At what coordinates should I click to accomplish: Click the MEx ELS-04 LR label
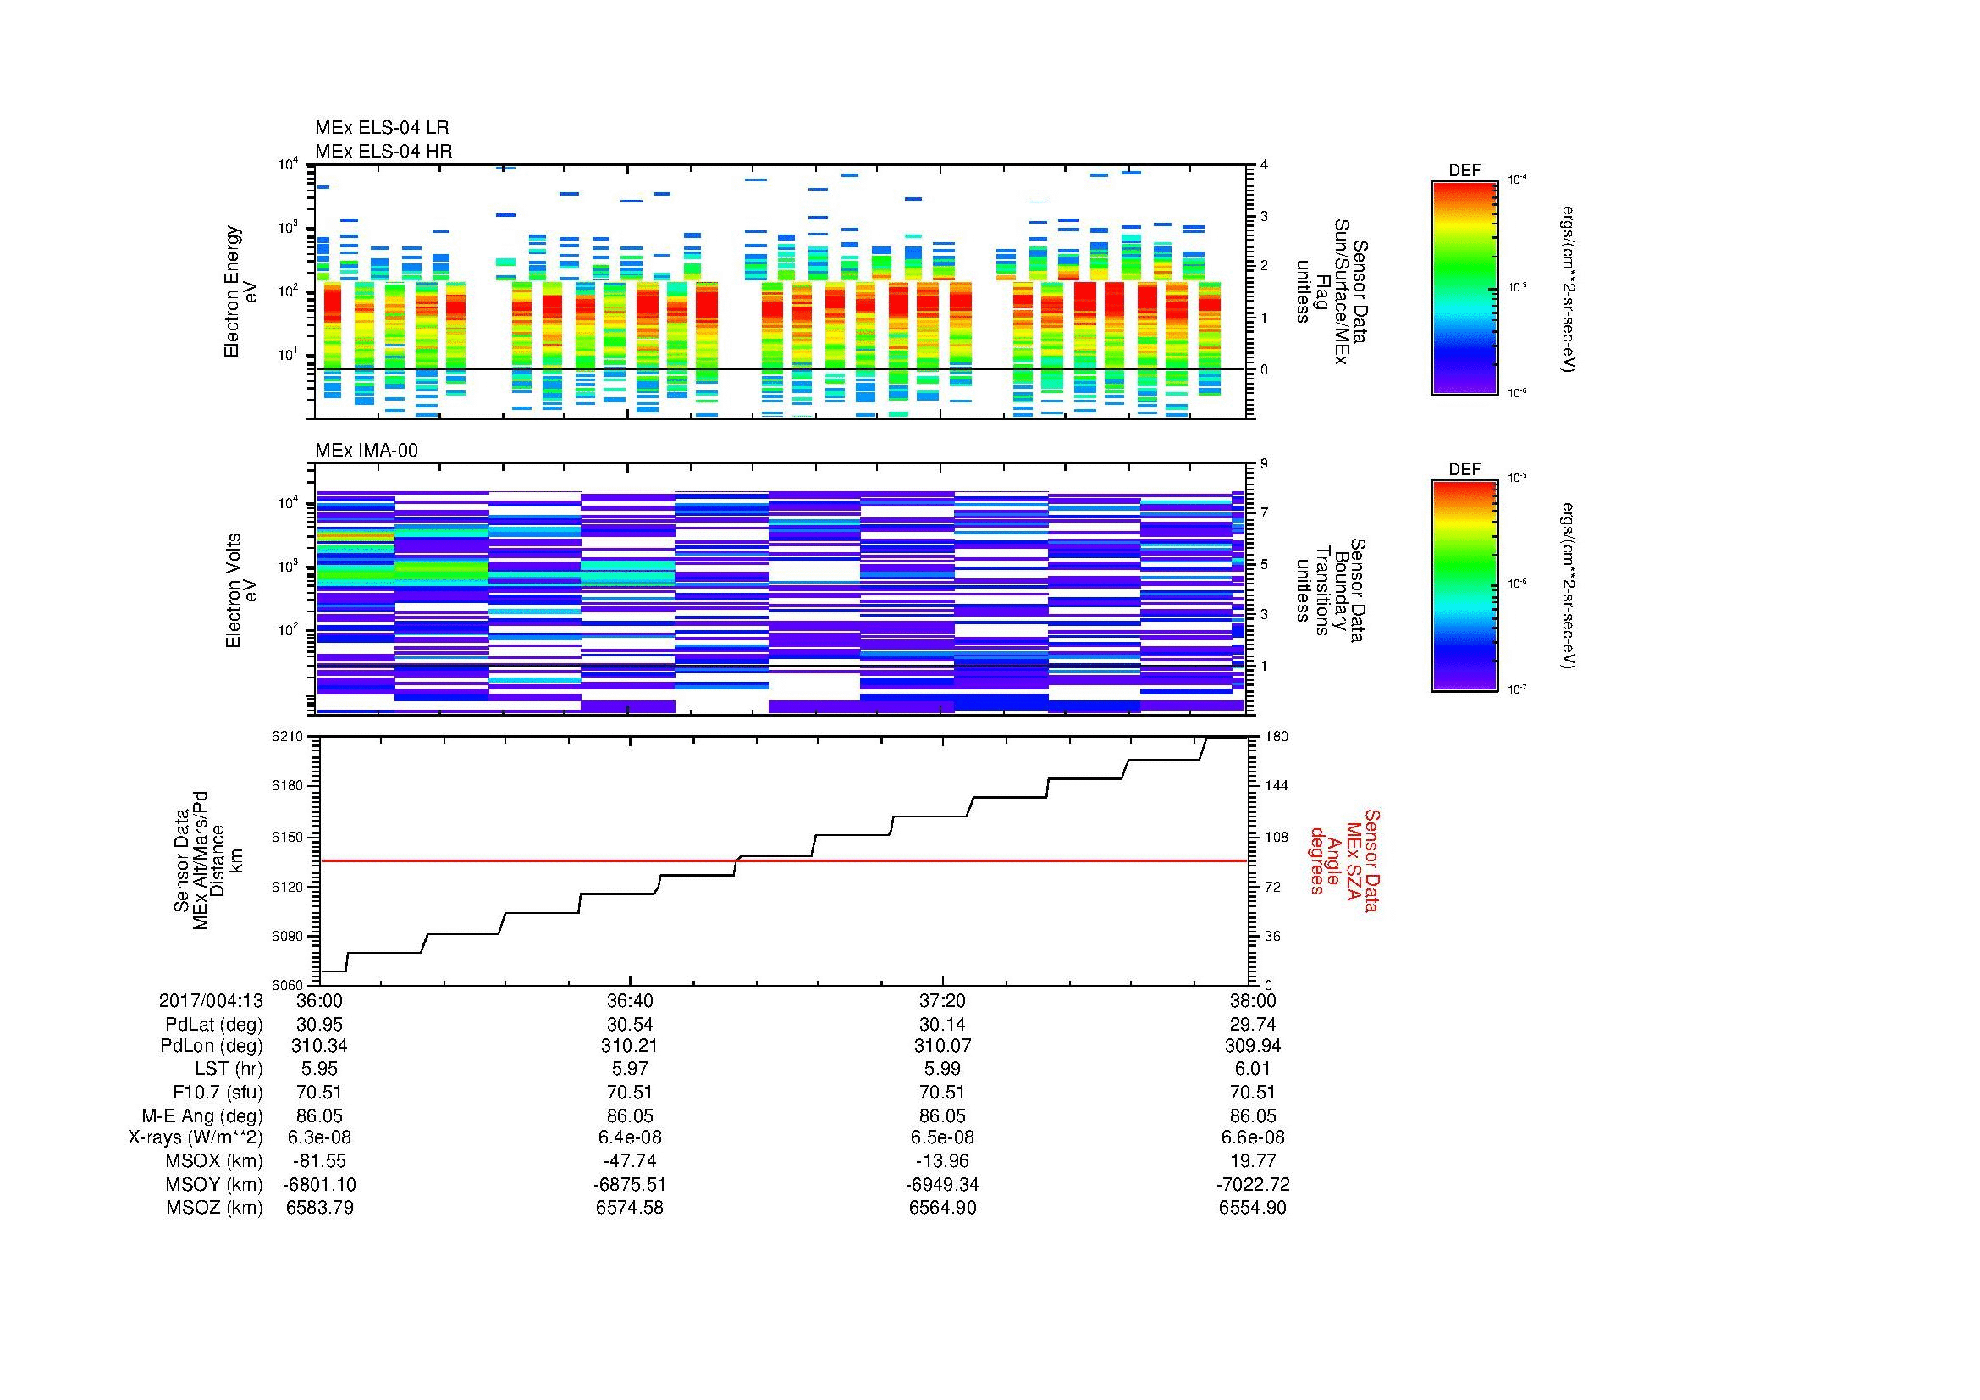[381, 128]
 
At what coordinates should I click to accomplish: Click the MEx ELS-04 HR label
[383, 151]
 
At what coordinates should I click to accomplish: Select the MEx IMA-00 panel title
[366, 451]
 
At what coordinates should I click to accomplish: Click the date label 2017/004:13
[211, 1000]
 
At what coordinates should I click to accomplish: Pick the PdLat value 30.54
[630, 1025]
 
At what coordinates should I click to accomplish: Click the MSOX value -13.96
[941, 1161]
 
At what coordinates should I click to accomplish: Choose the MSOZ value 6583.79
[319, 1208]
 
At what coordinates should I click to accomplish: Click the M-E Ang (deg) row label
[201, 1115]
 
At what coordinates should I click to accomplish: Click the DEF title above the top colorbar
[1464, 171]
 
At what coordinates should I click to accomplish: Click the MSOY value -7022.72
[1252, 1184]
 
